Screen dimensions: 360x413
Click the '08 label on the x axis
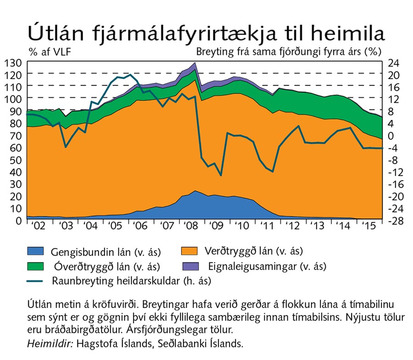189,227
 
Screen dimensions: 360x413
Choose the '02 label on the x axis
39,227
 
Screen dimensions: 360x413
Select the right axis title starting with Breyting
289,51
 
